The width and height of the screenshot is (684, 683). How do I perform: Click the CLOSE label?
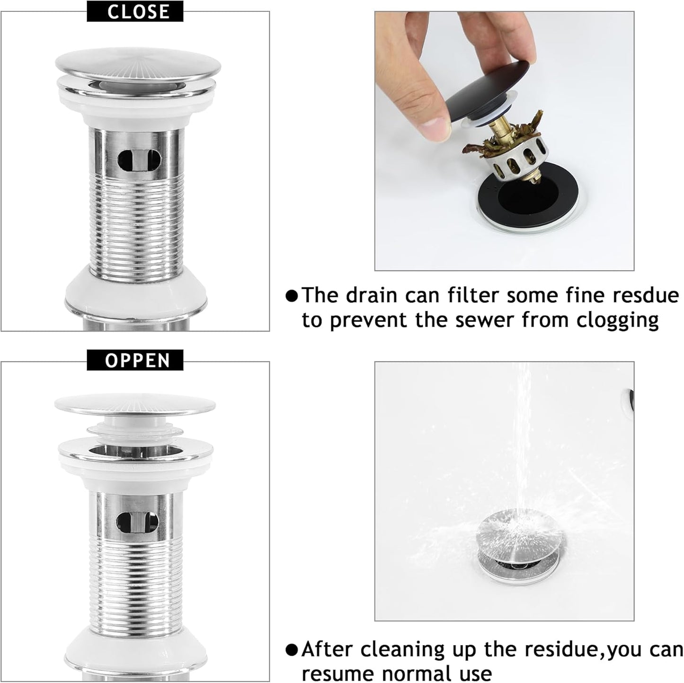tap(135, 12)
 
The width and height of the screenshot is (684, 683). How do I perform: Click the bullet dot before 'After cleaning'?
tap(293, 649)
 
